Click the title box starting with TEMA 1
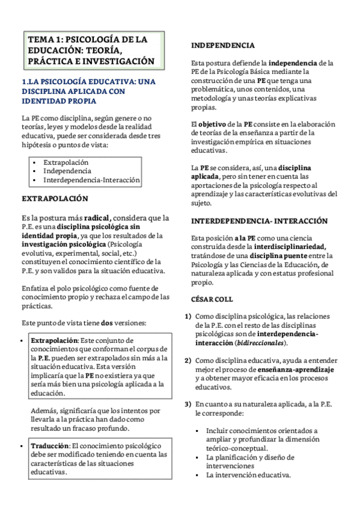point(91,51)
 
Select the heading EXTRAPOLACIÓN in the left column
point(55,198)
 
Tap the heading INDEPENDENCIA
point(222,45)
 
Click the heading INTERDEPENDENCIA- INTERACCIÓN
point(259,221)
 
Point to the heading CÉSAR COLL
point(212,299)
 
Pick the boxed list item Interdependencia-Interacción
point(91,180)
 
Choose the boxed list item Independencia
point(67,171)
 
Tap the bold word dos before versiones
point(107,323)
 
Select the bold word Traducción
point(50,446)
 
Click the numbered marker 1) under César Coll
point(188,316)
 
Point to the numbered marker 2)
point(188,360)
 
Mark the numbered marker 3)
point(188,404)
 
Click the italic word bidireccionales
point(262,343)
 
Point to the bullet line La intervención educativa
point(248,474)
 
